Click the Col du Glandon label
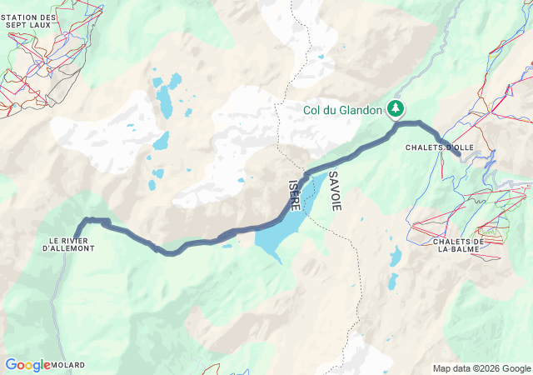coord(341,109)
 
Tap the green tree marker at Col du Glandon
coord(395,109)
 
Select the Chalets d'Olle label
coord(439,148)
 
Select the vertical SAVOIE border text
coord(334,191)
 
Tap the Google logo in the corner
coord(27,365)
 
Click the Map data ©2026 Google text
coord(481,368)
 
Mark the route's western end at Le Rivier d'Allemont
coord(77,236)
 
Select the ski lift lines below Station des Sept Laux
coord(25,83)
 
